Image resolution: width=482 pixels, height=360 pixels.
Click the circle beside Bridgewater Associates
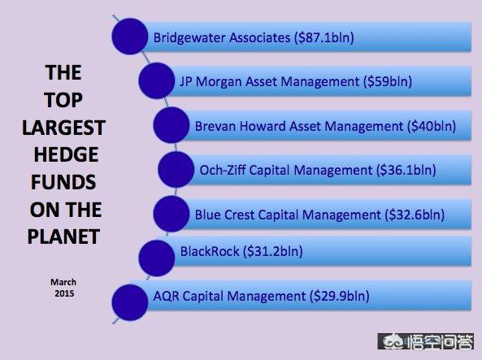[x=130, y=37]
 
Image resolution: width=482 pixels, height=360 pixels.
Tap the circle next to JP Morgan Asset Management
[x=157, y=80]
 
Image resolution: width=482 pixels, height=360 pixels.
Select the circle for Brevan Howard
[x=172, y=125]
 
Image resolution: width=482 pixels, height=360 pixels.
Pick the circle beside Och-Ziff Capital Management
[x=176, y=169]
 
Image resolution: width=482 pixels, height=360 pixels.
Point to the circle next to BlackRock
[x=157, y=258]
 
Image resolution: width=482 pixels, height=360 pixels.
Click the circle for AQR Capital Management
[x=130, y=302]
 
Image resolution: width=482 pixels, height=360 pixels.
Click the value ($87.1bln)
[x=324, y=38]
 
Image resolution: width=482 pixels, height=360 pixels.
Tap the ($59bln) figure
[x=388, y=82]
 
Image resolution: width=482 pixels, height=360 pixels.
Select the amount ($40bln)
[x=432, y=126]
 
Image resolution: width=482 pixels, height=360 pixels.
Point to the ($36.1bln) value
[x=406, y=171]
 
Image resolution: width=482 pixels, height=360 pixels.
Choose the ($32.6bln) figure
[x=415, y=215]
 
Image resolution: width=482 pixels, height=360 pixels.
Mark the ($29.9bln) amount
[x=340, y=297]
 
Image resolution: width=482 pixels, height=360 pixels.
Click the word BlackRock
[x=210, y=251]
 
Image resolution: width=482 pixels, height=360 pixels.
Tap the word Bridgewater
[x=189, y=38]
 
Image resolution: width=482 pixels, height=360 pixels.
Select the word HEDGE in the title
[x=66, y=154]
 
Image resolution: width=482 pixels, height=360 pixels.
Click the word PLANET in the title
[x=63, y=236]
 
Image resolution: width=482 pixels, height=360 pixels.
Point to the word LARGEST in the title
[x=64, y=128]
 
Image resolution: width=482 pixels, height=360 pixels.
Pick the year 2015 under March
[x=64, y=293]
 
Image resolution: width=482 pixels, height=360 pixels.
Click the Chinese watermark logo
[x=426, y=341]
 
